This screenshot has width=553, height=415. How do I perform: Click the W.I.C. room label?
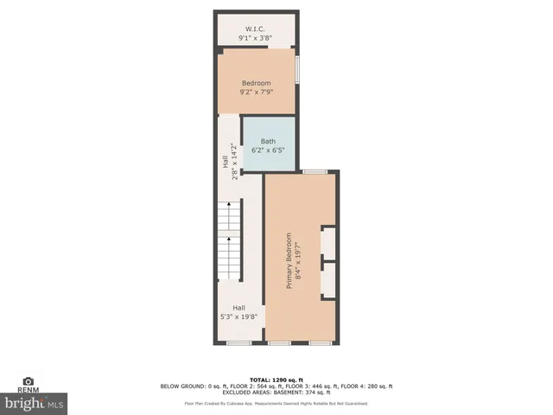tap(256, 29)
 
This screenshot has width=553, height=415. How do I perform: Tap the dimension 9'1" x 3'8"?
tap(256, 38)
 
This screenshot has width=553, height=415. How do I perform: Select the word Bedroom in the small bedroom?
tap(256, 83)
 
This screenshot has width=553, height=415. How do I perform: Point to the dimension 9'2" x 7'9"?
tap(256, 93)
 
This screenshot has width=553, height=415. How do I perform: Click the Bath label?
tap(268, 141)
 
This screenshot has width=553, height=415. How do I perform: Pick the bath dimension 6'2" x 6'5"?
tap(268, 150)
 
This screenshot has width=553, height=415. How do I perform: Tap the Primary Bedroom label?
tap(289, 256)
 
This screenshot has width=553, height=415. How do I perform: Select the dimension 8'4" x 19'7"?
tap(299, 256)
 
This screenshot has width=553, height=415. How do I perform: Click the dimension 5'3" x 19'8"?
tap(238, 317)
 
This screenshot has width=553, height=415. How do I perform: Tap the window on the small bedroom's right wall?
tap(297, 69)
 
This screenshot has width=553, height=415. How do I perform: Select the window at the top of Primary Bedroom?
tap(315, 172)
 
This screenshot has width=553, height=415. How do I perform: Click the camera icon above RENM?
tap(28, 381)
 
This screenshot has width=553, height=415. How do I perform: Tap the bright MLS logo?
tap(34, 403)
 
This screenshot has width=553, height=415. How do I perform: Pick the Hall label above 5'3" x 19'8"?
tap(238, 308)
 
